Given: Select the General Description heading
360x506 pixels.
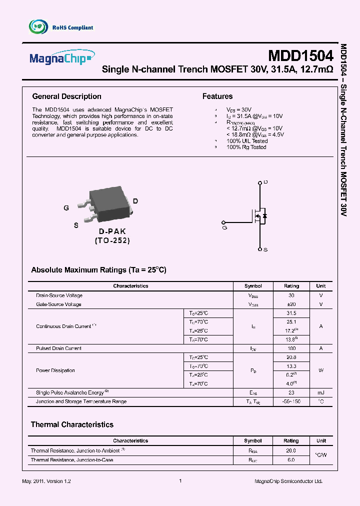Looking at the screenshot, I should click(x=66, y=96).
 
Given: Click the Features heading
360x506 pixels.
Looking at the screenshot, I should click(x=217, y=96).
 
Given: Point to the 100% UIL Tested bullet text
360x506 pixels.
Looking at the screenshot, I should click(x=247, y=141).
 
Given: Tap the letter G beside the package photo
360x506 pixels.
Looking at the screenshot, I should click(x=66, y=208).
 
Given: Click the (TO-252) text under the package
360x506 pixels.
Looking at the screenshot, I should click(x=112, y=240).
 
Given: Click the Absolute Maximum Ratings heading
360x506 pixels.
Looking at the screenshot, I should click(x=98, y=270).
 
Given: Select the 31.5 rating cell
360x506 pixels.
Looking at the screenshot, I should click(x=291, y=313).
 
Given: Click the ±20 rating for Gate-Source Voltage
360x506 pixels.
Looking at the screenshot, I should click(x=291, y=304).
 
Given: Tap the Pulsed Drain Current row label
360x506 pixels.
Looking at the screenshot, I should click(x=58, y=348).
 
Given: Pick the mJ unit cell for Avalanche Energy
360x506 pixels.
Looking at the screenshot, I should click(x=320, y=392).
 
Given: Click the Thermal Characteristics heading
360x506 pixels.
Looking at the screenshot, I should click(x=72, y=424).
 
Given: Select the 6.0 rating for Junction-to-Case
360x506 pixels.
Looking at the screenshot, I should click(x=291, y=459).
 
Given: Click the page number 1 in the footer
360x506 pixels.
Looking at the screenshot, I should click(x=180, y=481).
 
